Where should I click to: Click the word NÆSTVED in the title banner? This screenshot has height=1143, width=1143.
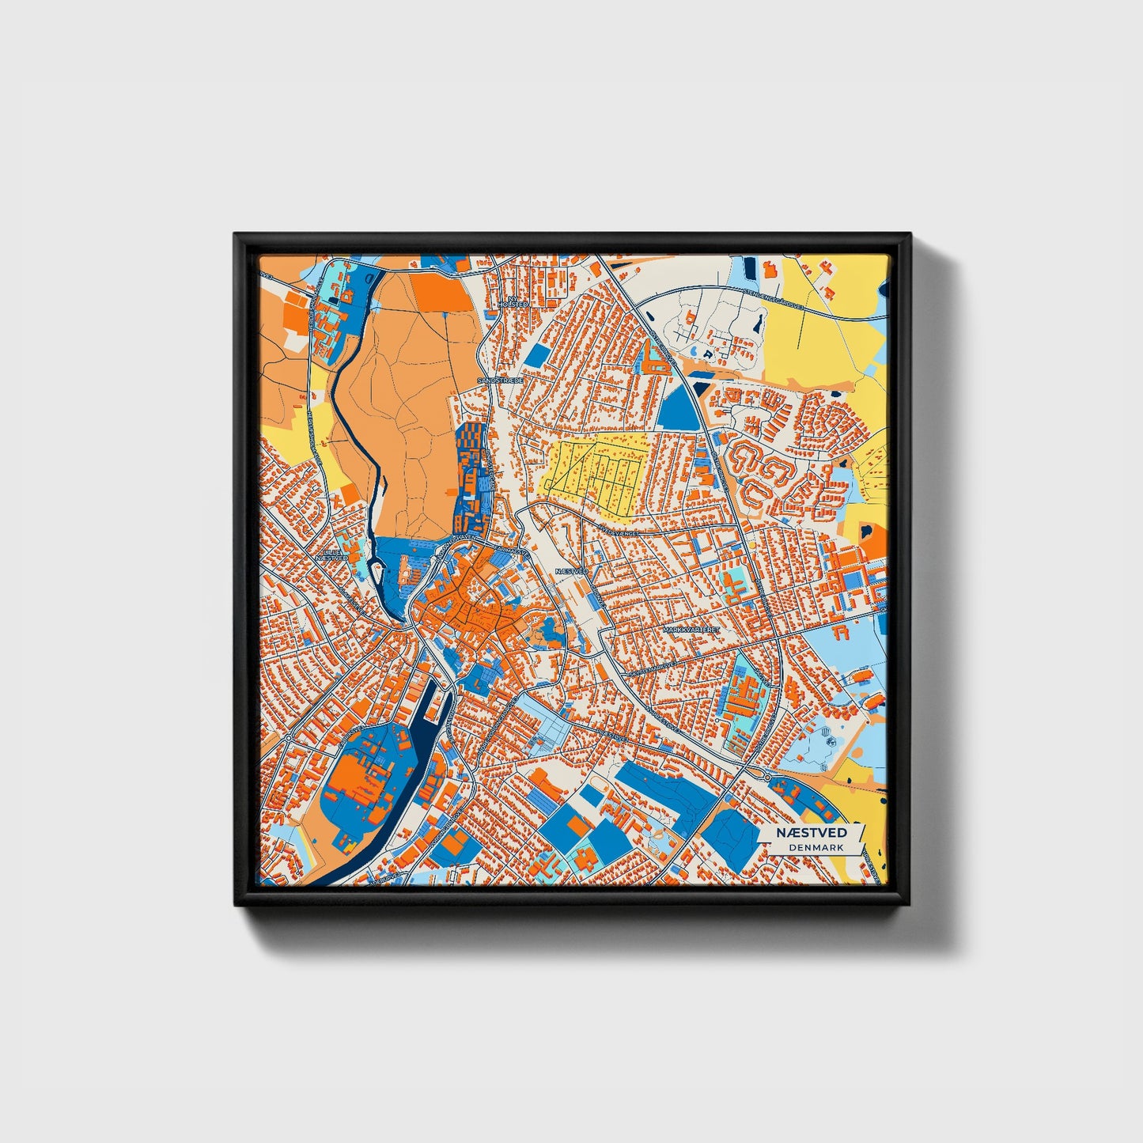[811, 833]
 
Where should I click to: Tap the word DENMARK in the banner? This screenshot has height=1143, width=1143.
[815, 847]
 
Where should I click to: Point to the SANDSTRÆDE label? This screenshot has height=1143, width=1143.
[500, 380]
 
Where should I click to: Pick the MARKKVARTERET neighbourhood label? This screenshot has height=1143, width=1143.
[693, 629]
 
